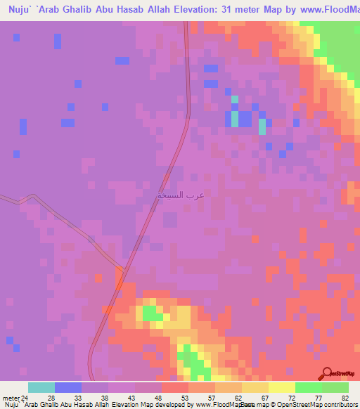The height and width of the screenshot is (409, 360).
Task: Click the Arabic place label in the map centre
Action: coord(181,195)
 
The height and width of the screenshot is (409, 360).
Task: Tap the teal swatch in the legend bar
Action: coord(41,387)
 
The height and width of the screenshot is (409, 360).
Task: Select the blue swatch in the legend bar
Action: coord(68,387)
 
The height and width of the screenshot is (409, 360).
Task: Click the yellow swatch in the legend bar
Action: coord(282,387)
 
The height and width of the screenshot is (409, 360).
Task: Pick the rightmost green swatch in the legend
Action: coord(335,387)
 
